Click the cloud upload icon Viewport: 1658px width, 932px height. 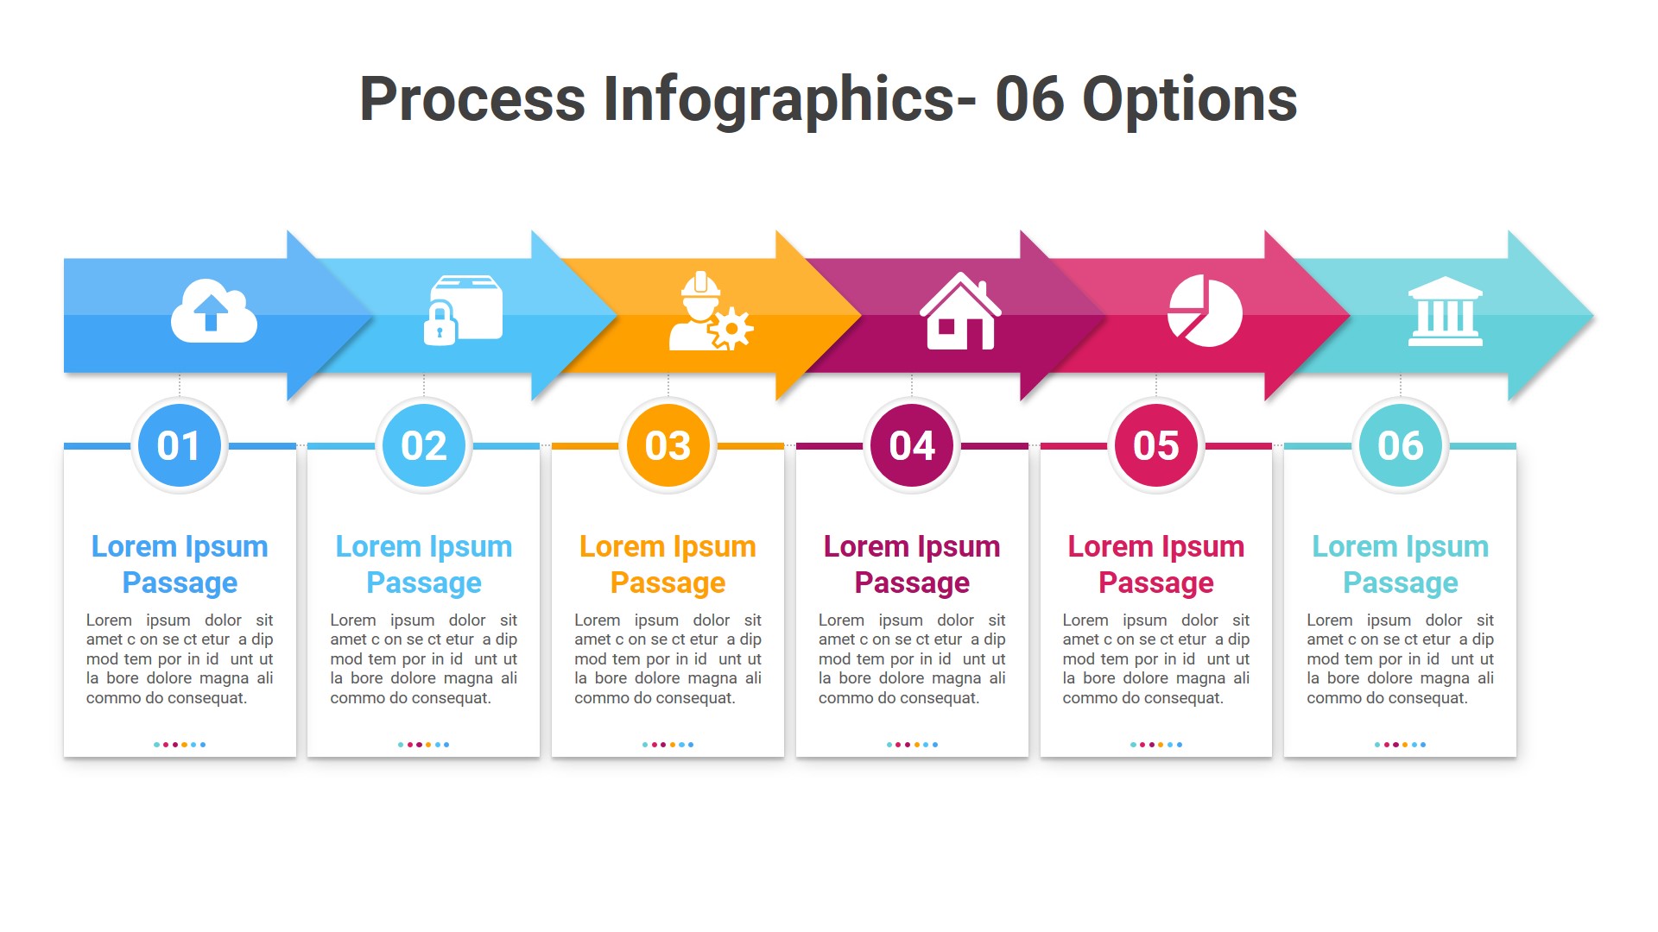(x=213, y=312)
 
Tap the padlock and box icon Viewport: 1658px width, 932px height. (x=463, y=311)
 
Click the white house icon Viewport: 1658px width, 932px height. (x=959, y=312)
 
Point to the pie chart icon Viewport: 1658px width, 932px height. (x=1205, y=312)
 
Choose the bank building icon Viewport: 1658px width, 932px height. (x=1445, y=312)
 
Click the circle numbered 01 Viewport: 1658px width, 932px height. (x=180, y=445)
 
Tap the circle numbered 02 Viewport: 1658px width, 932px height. (x=424, y=445)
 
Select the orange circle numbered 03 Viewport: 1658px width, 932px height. (x=668, y=445)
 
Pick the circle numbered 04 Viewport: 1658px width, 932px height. (x=912, y=445)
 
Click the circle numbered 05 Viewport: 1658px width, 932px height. (x=1156, y=445)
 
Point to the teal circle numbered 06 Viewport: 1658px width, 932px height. (x=1400, y=445)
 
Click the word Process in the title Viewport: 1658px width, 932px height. (x=471, y=99)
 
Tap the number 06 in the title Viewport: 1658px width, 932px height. (x=1029, y=99)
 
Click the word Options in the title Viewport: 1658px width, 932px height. (x=1189, y=99)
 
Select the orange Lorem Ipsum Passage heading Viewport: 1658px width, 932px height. (x=668, y=564)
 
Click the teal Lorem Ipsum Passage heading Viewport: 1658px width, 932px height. (x=1400, y=564)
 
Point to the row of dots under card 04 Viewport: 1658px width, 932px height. (x=912, y=744)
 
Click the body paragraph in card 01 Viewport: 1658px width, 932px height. (x=180, y=658)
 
